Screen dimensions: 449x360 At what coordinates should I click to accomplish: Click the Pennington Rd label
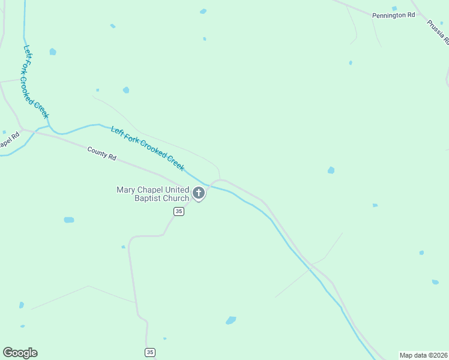coord(393,15)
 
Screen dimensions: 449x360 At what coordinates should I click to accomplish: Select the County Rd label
coord(101,153)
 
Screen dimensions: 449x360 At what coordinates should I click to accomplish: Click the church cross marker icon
coord(199,194)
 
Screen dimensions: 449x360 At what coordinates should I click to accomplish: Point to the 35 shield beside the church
coord(179,211)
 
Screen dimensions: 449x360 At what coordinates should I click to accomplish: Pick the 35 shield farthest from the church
coord(150,352)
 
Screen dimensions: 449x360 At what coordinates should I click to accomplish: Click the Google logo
coord(20,353)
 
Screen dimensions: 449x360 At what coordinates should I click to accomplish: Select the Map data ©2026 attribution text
coord(424,355)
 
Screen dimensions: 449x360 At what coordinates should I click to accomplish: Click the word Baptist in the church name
coord(147,198)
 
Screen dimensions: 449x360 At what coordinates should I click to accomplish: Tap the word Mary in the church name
coord(125,190)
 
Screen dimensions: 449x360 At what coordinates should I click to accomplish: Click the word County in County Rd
coord(96,151)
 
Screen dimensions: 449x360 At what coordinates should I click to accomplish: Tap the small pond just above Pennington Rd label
coord(394,8)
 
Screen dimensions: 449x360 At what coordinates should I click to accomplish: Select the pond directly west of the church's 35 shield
coord(69,220)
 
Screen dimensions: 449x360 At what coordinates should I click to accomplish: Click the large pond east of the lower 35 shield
coord(231,320)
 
